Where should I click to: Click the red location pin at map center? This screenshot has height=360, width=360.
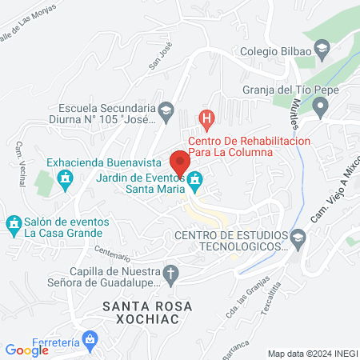click(180, 160)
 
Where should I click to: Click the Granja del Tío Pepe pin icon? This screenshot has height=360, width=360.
click(321, 106)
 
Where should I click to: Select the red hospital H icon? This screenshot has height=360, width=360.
click(207, 121)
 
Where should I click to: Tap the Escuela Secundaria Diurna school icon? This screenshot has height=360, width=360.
click(166, 110)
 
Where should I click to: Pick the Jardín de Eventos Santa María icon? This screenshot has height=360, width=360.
click(194, 185)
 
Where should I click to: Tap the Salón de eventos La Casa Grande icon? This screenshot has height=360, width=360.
click(13, 222)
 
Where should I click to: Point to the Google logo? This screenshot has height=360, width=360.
click(27, 350)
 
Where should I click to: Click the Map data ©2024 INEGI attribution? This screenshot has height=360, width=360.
click(311, 354)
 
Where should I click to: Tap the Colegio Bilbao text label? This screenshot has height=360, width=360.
click(276, 52)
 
